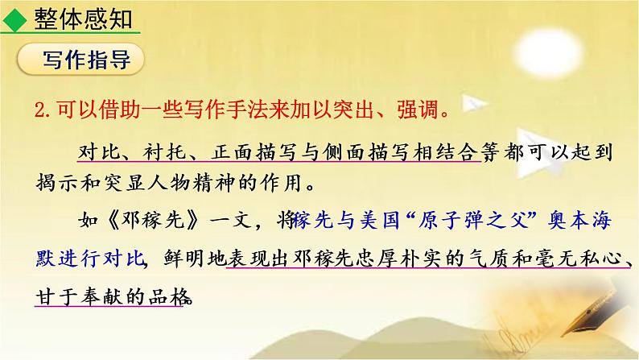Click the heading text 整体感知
(83, 17)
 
